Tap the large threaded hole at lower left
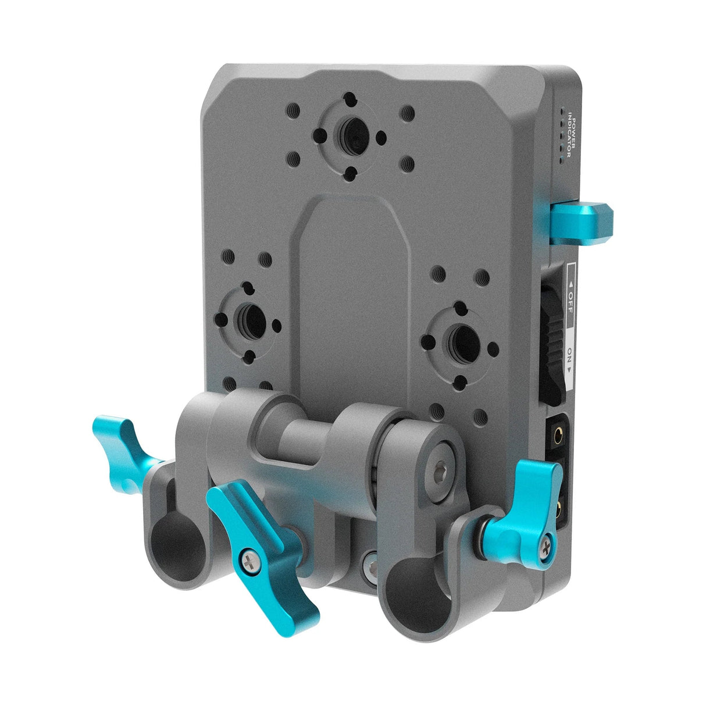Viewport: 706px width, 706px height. click(251, 319)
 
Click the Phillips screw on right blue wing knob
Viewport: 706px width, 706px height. click(545, 545)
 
